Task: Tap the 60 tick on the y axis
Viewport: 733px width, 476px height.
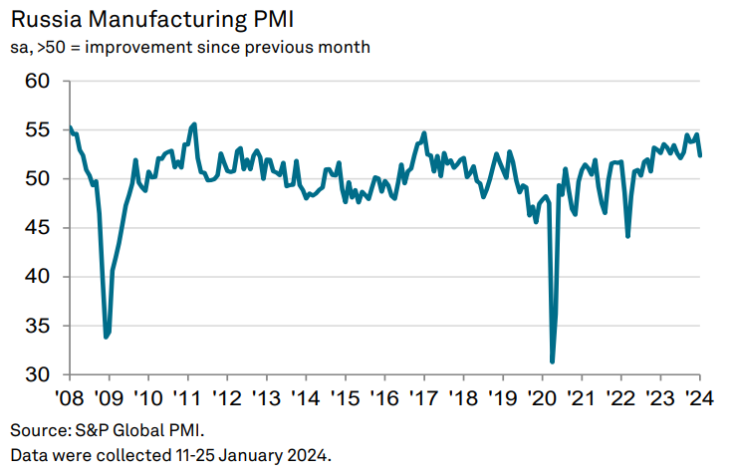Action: click(x=37, y=82)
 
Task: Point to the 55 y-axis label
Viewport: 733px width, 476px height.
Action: click(x=37, y=130)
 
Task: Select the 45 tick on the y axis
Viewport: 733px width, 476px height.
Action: click(x=37, y=228)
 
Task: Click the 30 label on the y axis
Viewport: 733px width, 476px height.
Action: click(x=37, y=374)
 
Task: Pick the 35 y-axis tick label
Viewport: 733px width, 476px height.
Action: click(x=37, y=326)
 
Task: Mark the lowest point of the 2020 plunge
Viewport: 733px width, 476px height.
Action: click(x=553, y=361)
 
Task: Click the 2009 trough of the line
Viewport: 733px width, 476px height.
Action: click(x=107, y=338)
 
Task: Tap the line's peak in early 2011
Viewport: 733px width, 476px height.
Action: click(x=193, y=124)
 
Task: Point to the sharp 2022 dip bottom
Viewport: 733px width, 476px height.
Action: click(x=627, y=236)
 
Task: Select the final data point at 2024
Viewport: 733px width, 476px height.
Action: click(x=700, y=155)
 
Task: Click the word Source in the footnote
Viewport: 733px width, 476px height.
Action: click(x=37, y=431)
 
